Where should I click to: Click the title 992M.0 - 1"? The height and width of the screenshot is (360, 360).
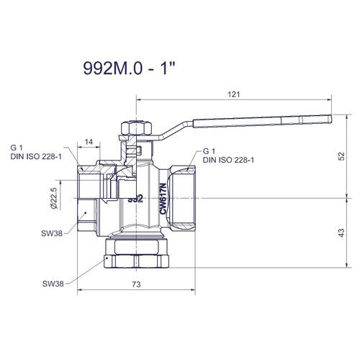coord(130,68)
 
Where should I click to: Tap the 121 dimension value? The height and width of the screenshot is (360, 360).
coord(234,94)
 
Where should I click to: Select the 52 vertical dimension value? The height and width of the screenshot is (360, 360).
coord(342,156)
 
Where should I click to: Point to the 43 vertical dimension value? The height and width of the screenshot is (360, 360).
coord(341,233)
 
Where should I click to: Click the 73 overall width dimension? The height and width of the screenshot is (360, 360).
coord(136,284)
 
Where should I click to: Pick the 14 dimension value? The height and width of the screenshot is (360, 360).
coord(89,142)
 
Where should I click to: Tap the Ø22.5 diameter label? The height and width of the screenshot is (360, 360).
coord(54,198)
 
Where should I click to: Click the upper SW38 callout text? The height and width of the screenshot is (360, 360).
coord(52,233)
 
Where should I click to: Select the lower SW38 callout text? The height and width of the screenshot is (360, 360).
coord(53,284)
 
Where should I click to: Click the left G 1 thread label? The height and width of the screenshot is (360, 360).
coord(17,148)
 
